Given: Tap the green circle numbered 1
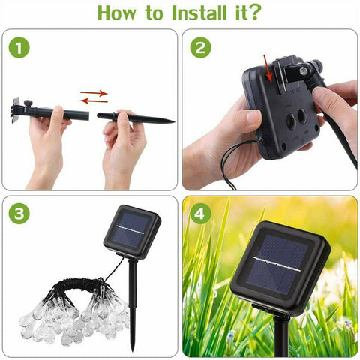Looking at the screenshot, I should pos(19,49).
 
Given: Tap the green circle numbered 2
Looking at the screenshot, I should pos(200,49).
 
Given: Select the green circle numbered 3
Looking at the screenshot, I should pos(19,214).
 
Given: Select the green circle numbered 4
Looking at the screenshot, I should pos(200,214).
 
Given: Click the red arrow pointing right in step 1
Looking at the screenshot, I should pos(94,94).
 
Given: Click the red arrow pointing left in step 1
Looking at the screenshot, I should pos(94,100).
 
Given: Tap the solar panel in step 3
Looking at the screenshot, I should pos(131,231).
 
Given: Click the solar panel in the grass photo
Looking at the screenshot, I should pos(283,262).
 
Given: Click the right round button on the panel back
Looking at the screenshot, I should pos(304,116).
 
